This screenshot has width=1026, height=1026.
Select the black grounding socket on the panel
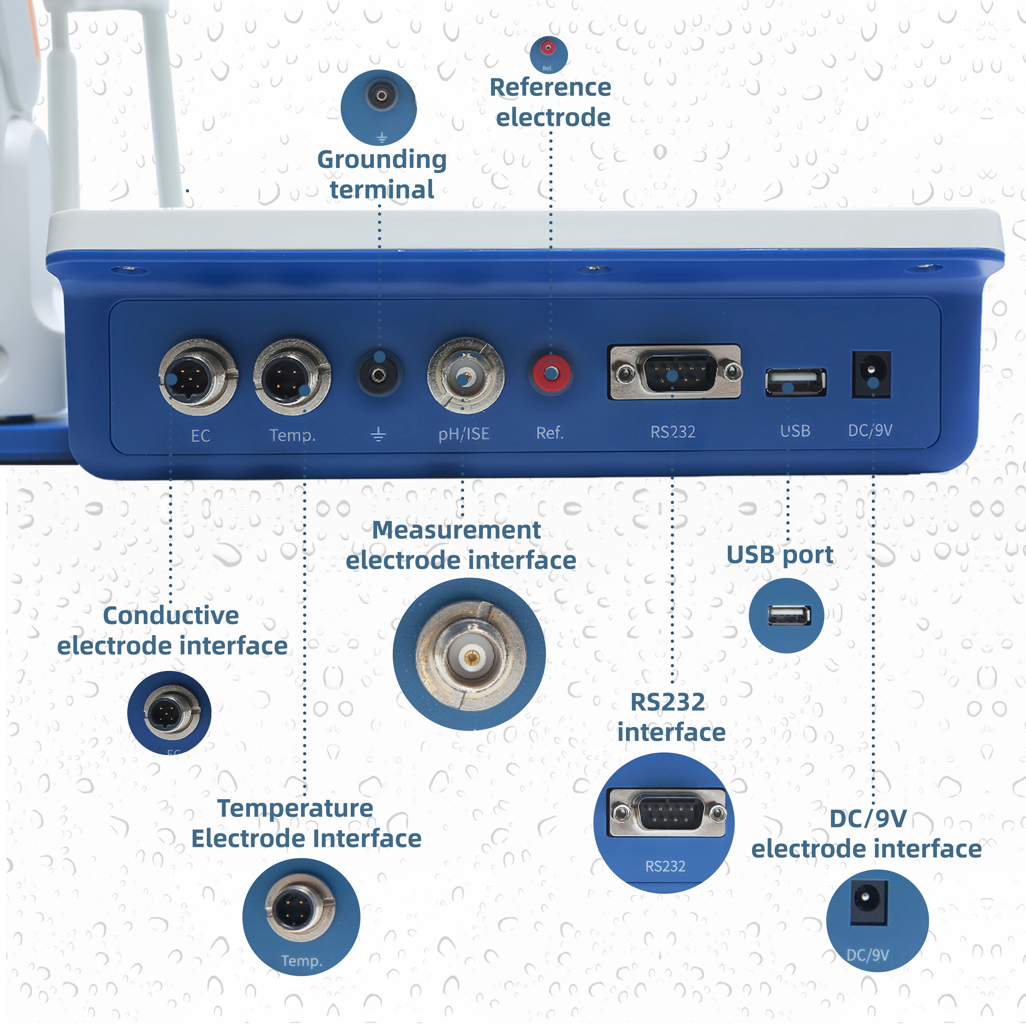coord(378,375)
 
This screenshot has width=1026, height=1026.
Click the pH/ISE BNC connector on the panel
coord(465,376)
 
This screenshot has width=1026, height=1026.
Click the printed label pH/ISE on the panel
coord(464,434)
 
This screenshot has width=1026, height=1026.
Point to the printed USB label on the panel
coord(795,431)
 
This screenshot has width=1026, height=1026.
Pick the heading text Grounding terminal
coord(382,174)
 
